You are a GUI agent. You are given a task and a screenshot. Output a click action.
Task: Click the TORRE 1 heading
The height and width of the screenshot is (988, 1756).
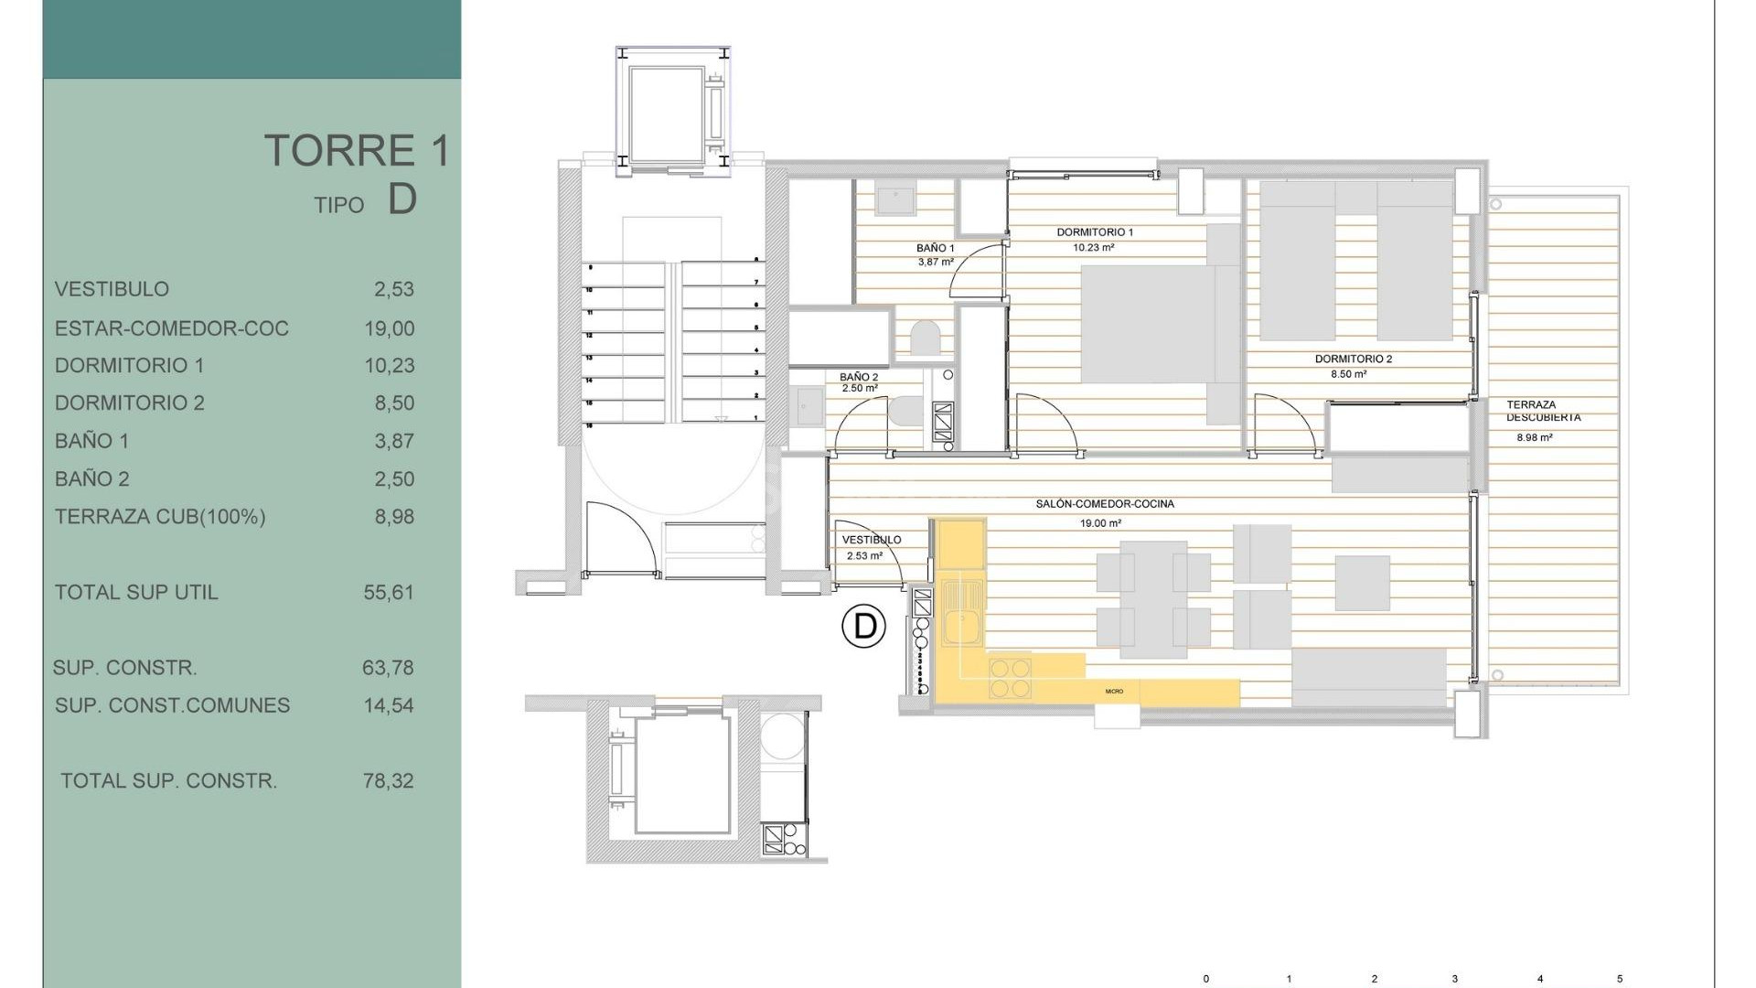pos(358,151)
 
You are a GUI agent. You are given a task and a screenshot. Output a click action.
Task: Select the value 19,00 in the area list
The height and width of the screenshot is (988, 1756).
pos(389,328)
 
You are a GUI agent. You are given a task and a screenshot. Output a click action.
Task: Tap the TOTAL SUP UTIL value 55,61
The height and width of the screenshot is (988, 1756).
pos(389,593)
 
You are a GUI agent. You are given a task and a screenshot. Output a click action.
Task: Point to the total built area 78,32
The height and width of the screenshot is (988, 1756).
pos(389,781)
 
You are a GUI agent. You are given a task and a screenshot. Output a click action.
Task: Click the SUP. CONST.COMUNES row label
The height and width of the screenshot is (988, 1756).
pos(172,705)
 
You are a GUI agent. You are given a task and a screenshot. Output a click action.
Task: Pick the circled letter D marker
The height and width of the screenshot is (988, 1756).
pos(863,627)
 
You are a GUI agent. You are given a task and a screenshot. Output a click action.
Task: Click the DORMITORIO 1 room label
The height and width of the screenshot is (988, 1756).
pos(1094,232)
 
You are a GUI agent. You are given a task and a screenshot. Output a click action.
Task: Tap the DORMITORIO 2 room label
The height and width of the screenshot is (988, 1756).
pos(1353,360)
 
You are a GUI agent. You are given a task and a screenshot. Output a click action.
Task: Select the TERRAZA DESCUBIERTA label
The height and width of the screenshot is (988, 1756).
pos(1543,411)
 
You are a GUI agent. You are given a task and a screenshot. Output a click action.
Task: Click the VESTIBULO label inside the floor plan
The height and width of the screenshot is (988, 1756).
pos(871,540)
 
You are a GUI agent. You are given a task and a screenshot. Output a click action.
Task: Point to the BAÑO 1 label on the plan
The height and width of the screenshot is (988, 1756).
pos(935,248)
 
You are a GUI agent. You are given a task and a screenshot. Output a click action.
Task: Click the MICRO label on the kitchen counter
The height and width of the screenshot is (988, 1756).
pos(1113,692)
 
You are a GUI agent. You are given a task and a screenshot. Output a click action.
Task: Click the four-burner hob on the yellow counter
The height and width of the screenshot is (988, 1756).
pos(1009,679)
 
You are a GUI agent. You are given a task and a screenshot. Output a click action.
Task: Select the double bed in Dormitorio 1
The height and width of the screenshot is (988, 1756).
pos(1148,324)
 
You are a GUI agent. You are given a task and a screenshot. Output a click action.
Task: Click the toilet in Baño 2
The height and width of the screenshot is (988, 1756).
pos(905,410)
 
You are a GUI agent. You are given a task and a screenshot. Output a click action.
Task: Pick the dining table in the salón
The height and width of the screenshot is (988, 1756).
pos(1152,599)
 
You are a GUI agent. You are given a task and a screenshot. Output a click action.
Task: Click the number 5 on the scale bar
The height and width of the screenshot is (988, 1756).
pos(1620,979)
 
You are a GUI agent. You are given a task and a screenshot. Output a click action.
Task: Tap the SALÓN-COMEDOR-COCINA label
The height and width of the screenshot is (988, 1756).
pos(1104,504)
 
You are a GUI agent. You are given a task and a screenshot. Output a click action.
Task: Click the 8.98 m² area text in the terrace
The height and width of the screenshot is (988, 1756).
pos(1534,438)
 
